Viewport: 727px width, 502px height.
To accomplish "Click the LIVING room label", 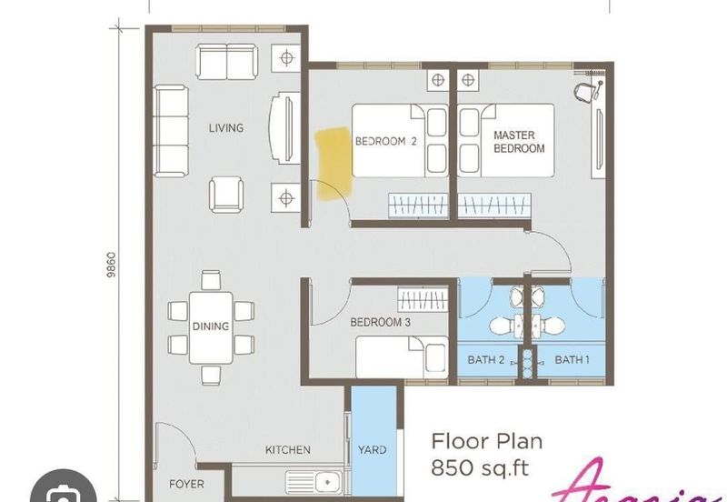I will (x=225, y=128).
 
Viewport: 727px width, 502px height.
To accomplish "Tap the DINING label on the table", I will (x=210, y=326).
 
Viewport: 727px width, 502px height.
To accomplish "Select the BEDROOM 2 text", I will (x=385, y=142).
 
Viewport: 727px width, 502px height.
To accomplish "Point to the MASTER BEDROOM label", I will (x=519, y=142).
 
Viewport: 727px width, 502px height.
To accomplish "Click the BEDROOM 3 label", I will (x=381, y=322).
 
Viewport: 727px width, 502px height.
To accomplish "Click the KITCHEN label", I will (x=287, y=450).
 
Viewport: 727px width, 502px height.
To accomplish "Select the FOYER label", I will (x=186, y=484).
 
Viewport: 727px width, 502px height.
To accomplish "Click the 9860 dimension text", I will (x=109, y=266).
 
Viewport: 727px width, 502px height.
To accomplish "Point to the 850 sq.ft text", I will (x=481, y=469).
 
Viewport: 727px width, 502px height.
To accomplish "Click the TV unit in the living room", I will (x=284, y=128).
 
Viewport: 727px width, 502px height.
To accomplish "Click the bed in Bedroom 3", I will (x=400, y=356).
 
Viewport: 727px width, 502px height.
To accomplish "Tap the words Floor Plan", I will (x=486, y=442).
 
